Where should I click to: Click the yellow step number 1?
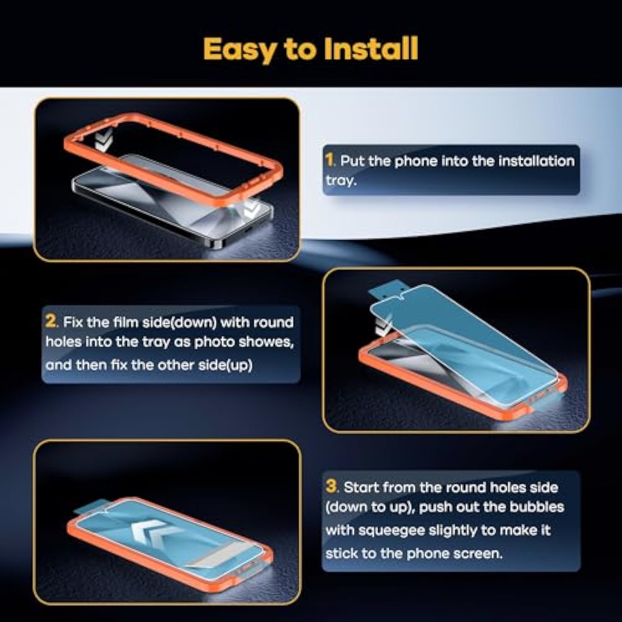click(x=330, y=160)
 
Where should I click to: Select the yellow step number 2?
click(x=51, y=321)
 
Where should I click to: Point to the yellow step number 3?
click(x=331, y=486)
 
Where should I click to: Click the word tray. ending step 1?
click(x=341, y=181)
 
